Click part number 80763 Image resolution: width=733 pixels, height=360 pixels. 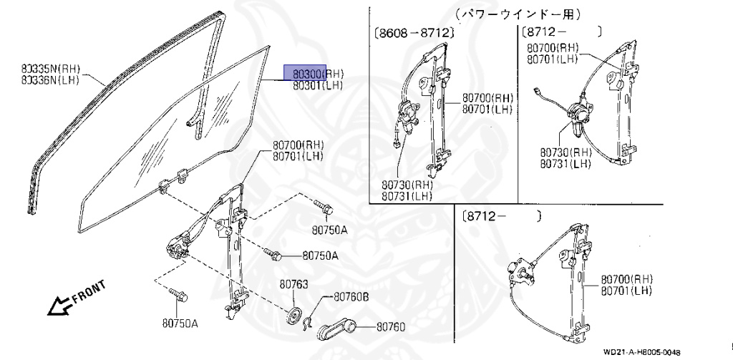pyautogui.click(x=293, y=285)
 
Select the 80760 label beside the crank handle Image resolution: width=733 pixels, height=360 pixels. pyautogui.click(x=390, y=328)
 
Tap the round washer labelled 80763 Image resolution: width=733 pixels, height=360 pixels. pyautogui.click(x=292, y=316)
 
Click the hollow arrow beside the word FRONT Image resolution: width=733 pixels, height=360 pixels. pyautogui.click(x=55, y=307)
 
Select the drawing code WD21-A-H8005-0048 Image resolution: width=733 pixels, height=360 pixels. pyautogui.click(x=641, y=352)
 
